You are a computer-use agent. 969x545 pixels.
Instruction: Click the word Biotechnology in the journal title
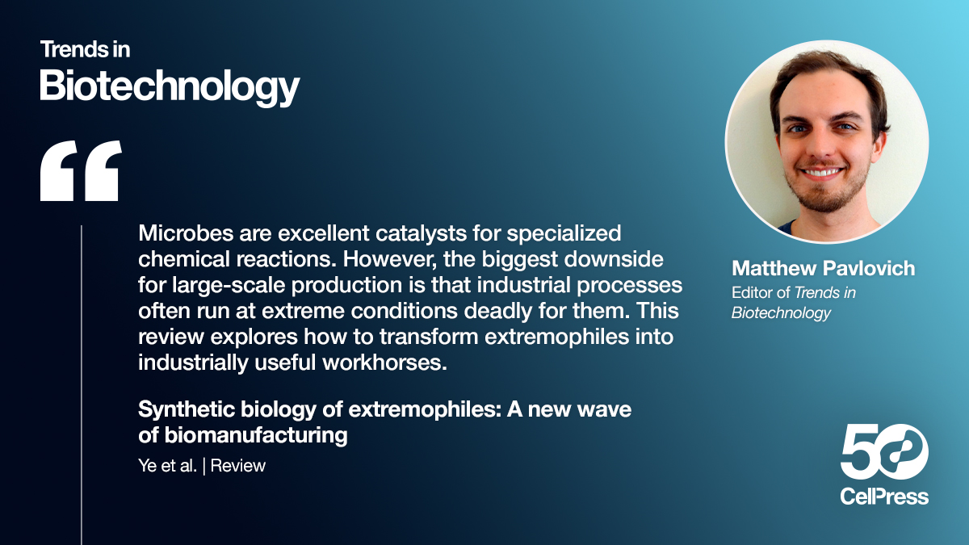pyautogui.click(x=170, y=84)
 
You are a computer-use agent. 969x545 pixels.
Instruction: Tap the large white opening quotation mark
pyautogui.click(x=81, y=170)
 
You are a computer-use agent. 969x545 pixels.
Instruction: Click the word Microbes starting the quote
pyautogui.click(x=179, y=234)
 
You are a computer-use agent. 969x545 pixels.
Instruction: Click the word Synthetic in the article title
pyautogui.click(x=178, y=410)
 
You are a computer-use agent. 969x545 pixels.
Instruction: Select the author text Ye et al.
pyautogui.click(x=167, y=466)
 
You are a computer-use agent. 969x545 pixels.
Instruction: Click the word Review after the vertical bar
pyautogui.click(x=238, y=466)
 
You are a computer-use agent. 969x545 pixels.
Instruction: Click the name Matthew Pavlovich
pyautogui.click(x=823, y=268)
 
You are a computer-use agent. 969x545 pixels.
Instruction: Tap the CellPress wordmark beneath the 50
pyautogui.click(x=884, y=496)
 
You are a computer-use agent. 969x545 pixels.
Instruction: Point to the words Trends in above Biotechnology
pyautogui.click(x=85, y=49)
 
